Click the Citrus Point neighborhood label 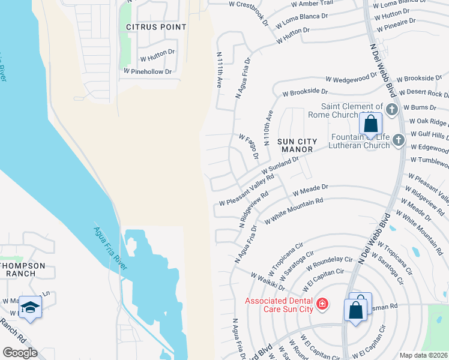(x=152, y=27)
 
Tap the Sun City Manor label (x=297, y=145)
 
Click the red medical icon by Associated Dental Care (x=322, y=304)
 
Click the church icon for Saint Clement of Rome (x=392, y=109)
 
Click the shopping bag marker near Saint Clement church (x=371, y=124)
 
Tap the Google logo (x=20, y=353)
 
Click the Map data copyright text (x=423, y=355)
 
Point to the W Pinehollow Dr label (x=148, y=71)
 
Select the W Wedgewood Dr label (x=351, y=78)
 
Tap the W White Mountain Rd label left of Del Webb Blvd (x=293, y=211)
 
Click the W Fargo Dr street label (x=248, y=147)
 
